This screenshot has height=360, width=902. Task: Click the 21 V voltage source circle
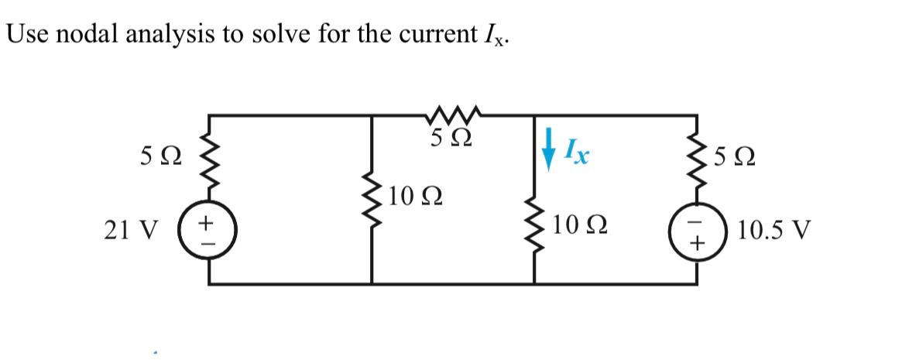207,231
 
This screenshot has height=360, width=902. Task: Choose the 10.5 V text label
775,231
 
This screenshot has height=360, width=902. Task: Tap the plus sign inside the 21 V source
207,222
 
